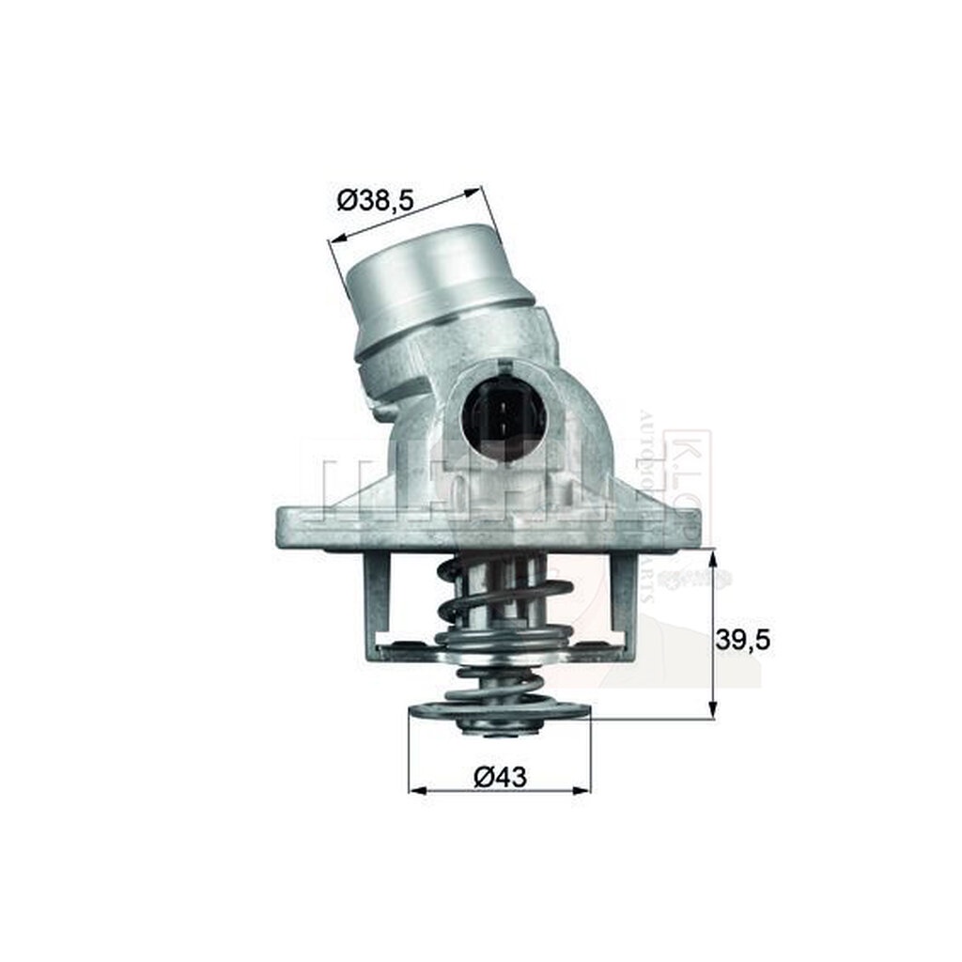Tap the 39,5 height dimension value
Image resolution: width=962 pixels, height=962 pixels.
point(742,640)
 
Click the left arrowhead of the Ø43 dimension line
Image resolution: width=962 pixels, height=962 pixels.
point(414,791)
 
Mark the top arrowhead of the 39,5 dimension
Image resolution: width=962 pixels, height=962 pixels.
point(714,556)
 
